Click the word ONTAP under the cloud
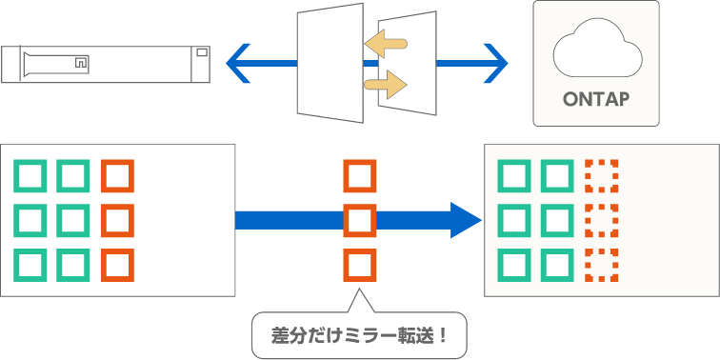point(596,99)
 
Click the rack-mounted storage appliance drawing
point(105,64)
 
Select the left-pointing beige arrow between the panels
point(386,42)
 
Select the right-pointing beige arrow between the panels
point(386,87)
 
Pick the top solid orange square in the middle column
point(360,176)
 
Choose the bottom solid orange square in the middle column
point(360,265)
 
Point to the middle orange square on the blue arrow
point(360,220)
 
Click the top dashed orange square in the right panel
point(601,176)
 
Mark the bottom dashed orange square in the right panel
point(601,265)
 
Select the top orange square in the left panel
point(117,176)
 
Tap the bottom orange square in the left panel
point(117,265)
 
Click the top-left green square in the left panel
point(30,176)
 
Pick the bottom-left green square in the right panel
point(515,265)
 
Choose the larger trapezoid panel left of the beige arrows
point(330,64)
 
